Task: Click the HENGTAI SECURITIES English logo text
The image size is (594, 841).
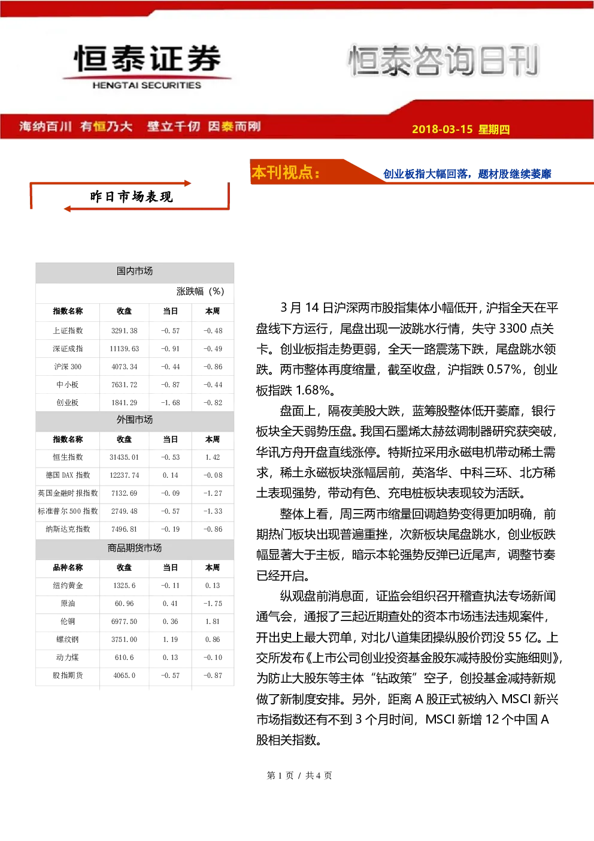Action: tap(147, 85)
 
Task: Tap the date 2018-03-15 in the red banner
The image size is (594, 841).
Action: tap(442, 129)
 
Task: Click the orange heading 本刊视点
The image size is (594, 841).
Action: tap(286, 172)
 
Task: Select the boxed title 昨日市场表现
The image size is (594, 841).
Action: tap(131, 197)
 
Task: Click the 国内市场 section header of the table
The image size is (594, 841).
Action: tap(135, 271)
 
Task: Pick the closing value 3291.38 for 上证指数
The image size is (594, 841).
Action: tap(124, 331)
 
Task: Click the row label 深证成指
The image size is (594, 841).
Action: tap(68, 349)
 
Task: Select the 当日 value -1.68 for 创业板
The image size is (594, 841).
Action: tap(170, 402)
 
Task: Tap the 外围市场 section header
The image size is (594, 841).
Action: tap(135, 420)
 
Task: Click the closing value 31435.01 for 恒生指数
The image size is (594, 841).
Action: tap(124, 457)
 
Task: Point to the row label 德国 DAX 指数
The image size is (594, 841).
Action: tap(68, 475)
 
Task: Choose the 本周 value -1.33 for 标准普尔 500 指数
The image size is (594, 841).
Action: tap(213, 511)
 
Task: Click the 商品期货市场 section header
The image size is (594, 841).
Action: tap(135, 548)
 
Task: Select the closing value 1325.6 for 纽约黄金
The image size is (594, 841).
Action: tap(124, 585)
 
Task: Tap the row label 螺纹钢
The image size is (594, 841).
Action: tap(68, 640)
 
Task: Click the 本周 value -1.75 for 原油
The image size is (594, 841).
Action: tap(213, 604)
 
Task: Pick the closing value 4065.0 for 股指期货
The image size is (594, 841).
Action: tap(124, 676)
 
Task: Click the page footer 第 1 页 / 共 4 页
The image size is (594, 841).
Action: tap(299, 775)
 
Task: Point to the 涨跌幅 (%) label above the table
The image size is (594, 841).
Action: tap(200, 291)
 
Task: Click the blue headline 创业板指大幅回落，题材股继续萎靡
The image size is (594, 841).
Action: tap(467, 174)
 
